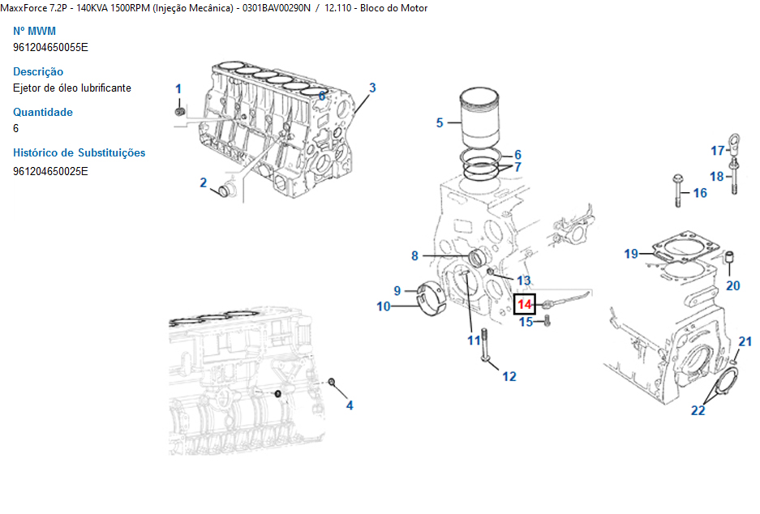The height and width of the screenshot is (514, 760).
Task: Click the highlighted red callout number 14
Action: coord(526,305)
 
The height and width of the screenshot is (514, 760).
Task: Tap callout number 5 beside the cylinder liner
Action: coord(440,123)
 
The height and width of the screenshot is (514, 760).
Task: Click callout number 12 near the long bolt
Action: coord(509,376)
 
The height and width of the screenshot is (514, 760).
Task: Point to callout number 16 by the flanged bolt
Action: coord(699,193)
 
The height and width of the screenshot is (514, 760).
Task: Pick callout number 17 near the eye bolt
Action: coord(718,151)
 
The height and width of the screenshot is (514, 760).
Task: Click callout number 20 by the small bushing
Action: coord(732,285)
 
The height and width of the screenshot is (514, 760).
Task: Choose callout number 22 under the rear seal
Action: coord(698,410)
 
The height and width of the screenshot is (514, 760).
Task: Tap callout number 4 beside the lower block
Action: coord(350,405)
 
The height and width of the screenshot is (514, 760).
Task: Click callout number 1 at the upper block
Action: coord(178,88)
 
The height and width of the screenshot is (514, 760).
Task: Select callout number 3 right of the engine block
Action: coord(372,88)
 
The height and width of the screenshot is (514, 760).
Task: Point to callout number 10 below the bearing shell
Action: coord(384,306)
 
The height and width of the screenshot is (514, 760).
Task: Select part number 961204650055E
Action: coord(50,47)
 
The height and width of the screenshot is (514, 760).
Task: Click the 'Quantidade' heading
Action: coord(43,112)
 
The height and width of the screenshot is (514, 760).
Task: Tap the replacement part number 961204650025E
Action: coord(50,171)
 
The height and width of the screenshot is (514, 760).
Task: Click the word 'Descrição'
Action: coord(38,71)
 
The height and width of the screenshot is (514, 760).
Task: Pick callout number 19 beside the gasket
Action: coord(632,255)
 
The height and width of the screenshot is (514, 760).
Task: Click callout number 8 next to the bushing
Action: coord(414,256)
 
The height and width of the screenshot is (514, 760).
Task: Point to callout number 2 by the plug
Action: coord(204,183)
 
